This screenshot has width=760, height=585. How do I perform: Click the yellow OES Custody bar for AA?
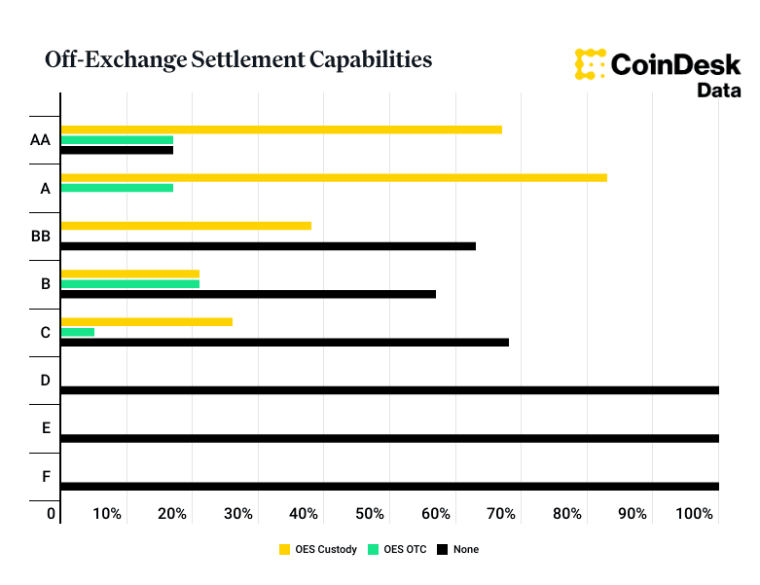281,129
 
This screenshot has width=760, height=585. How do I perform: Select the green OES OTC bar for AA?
117,140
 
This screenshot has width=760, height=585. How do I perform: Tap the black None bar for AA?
117,150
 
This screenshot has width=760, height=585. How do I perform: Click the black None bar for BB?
268,246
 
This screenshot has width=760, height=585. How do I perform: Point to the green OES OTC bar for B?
129,284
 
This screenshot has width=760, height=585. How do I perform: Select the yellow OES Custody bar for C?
146,322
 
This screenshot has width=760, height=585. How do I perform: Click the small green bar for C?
77,332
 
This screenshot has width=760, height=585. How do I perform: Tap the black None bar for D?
389,390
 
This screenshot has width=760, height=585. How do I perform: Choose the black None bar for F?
389,486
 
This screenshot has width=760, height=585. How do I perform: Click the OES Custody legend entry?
318,549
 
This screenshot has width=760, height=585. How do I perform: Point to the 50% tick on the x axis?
370,513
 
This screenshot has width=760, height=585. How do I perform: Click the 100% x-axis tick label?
695,513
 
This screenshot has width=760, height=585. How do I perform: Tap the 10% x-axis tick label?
107,513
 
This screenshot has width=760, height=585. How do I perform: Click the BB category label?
40,236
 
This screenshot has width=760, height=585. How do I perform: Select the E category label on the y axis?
46,427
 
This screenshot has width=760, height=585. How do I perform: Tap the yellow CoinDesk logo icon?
591,63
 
